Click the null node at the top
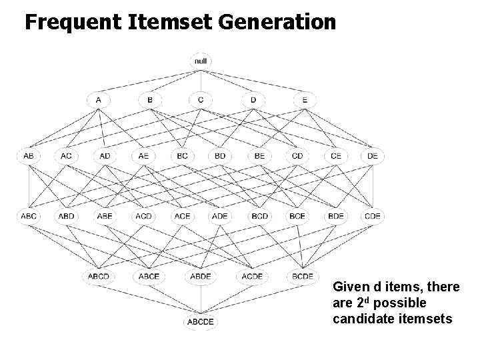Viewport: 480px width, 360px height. (x=201, y=61)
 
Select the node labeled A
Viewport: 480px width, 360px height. (x=98, y=100)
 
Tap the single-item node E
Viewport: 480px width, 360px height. (x=304, y=100)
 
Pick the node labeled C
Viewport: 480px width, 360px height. (x=201, y=100)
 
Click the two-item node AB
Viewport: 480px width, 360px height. (x=28, y=157)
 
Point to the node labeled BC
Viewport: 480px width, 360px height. (x=181, y=157)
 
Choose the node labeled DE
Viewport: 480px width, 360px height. (x=373, y=157)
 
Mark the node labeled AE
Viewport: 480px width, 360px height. (x=143, y=157)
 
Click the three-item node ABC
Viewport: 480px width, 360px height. (x=28, y=216)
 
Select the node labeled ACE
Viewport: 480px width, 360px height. (x=181, y=216)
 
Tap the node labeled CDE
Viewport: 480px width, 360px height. (x=373, y=216)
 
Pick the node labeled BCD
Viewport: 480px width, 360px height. (x=259, y=216)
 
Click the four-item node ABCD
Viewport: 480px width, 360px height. (x=99, y=276)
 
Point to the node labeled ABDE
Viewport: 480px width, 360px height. (x=201, y=276)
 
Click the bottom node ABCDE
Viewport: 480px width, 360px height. (x=201, y=323)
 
